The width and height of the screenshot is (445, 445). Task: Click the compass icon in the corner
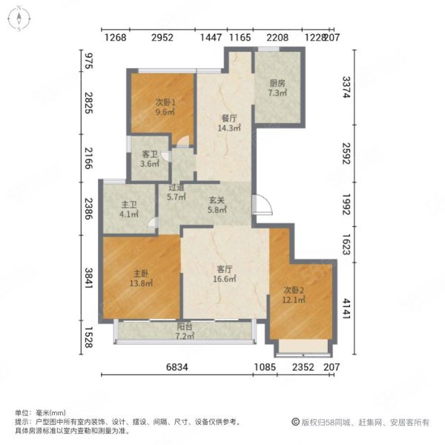(x=19, y=19)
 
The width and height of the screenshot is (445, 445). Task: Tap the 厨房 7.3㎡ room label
(x=277, y=88)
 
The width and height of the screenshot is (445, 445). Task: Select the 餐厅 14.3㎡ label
(x=229, y=123)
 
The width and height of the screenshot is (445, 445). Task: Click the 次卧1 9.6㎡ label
(x=165, y=107)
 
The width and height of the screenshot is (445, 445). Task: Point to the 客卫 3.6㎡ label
(x=150, y=159)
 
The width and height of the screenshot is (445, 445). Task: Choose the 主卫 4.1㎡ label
(x=129, y=209)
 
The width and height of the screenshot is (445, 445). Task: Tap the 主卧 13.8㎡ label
(x=141, y=278)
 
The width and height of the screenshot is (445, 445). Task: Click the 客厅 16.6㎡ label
(x=225, y=274)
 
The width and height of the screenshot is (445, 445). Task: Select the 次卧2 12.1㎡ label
(x=294, y=295)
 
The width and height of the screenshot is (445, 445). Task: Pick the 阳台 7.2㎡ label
(x=185, y=332)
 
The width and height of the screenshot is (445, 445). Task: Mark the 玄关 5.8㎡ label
(x=217, y=205)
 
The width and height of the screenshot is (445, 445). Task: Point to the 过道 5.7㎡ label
(x=177, y=192)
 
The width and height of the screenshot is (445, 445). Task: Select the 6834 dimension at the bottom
(x=177, y=367)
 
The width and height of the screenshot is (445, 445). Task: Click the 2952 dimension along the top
(x=162, y=37)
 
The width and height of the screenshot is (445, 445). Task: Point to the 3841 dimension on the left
(x=89, y=278)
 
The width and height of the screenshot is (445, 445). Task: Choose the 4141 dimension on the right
(x=346, y=309)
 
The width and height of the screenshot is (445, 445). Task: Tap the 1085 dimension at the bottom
(x=265, y=367)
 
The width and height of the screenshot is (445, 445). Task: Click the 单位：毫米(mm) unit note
(x=40, y=412)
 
